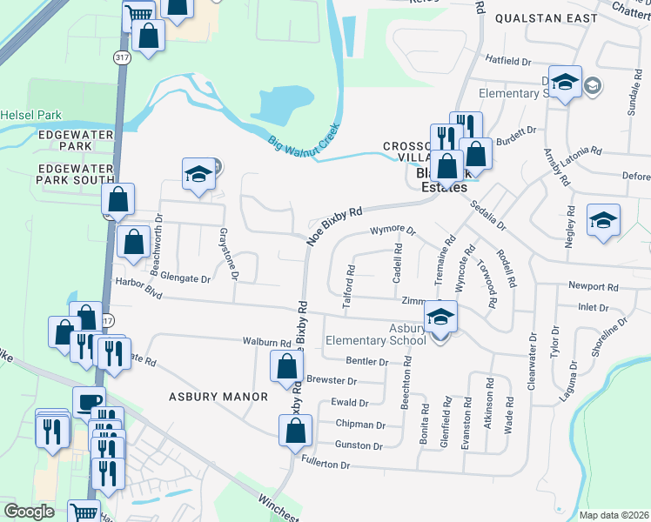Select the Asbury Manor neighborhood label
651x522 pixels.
[218, 397]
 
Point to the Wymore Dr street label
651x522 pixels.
[393, 231]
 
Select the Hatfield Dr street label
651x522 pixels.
[508, 62]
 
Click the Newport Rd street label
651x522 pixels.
[593, 285]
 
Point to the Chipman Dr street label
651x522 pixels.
[359, 425]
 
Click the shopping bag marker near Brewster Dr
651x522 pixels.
[287, 367]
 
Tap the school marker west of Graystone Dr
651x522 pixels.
[198, 175]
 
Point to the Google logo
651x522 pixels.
[30, 512]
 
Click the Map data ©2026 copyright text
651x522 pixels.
[613, 515]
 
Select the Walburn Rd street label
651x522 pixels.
[266, 343]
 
